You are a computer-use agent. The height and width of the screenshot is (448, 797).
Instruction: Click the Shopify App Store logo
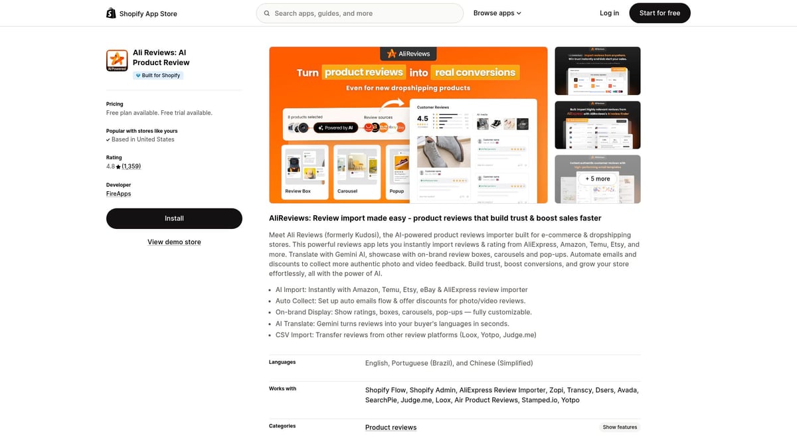tap(141, 13)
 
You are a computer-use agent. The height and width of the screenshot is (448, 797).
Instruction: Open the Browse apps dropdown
tap(497, 13)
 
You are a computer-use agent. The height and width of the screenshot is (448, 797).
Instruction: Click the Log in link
tap(609, 13)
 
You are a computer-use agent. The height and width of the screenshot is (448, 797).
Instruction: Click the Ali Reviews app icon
tap(117, 60)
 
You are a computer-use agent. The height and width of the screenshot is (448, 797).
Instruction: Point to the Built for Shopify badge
tap(158, 76)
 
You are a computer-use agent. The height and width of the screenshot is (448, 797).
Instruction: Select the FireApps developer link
tap(119, 194)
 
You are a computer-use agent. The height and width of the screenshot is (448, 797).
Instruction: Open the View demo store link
tap(174, 242)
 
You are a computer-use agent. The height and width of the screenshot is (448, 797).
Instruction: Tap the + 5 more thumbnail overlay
tap(597, 179)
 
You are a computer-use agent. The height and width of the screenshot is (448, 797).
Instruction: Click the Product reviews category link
tap(391, 427)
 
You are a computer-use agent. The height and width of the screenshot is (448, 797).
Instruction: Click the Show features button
tap(620, 427)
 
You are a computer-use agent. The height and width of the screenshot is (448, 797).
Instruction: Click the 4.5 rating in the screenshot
tap(422, 119)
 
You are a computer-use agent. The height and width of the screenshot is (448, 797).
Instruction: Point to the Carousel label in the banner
tap(347, 191)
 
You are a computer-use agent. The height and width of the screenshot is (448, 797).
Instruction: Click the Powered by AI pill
tap(335, 127)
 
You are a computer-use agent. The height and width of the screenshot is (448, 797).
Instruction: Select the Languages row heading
tap(282, 362)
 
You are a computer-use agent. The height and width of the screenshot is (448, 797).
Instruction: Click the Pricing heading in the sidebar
tap(115, 104)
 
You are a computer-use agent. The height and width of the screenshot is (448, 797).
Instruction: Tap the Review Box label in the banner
tap(298, 191)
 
